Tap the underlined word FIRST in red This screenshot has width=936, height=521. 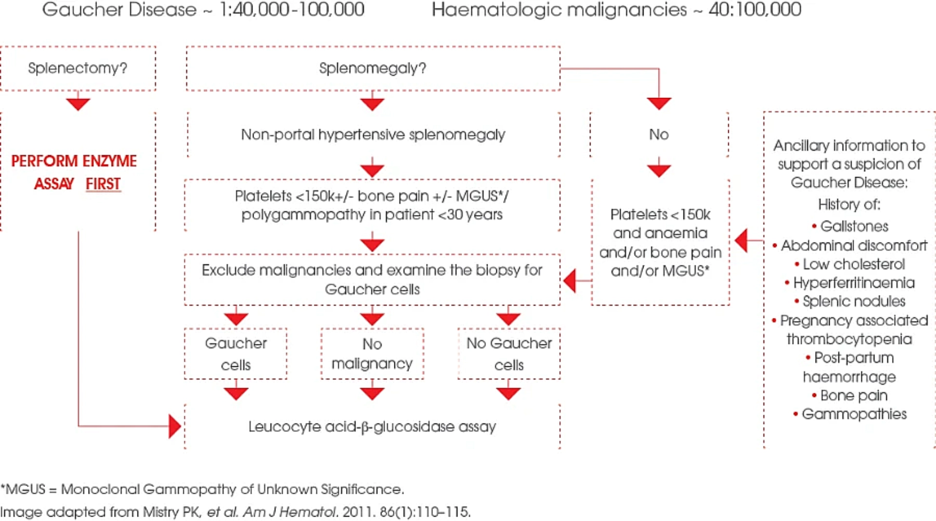coord(103,184)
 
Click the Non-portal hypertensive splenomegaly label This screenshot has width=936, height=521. coord(373,134)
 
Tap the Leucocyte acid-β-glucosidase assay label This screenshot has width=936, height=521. coord(372,427)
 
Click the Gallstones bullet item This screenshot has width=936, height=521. coord(850,226)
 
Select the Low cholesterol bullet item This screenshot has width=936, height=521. coord(850,264)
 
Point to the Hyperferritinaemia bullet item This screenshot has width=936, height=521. coord(850,283)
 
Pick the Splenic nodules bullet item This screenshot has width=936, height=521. coord(850,301)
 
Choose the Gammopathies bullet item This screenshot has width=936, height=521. coord(850,414)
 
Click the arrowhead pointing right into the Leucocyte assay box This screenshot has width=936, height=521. coord(175,426)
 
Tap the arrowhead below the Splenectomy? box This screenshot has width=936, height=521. coord(78,104)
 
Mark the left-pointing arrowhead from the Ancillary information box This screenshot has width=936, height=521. coord(741,240)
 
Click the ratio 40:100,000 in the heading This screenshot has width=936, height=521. coord(755,9)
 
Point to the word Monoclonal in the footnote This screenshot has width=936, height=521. coord(100,489)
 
